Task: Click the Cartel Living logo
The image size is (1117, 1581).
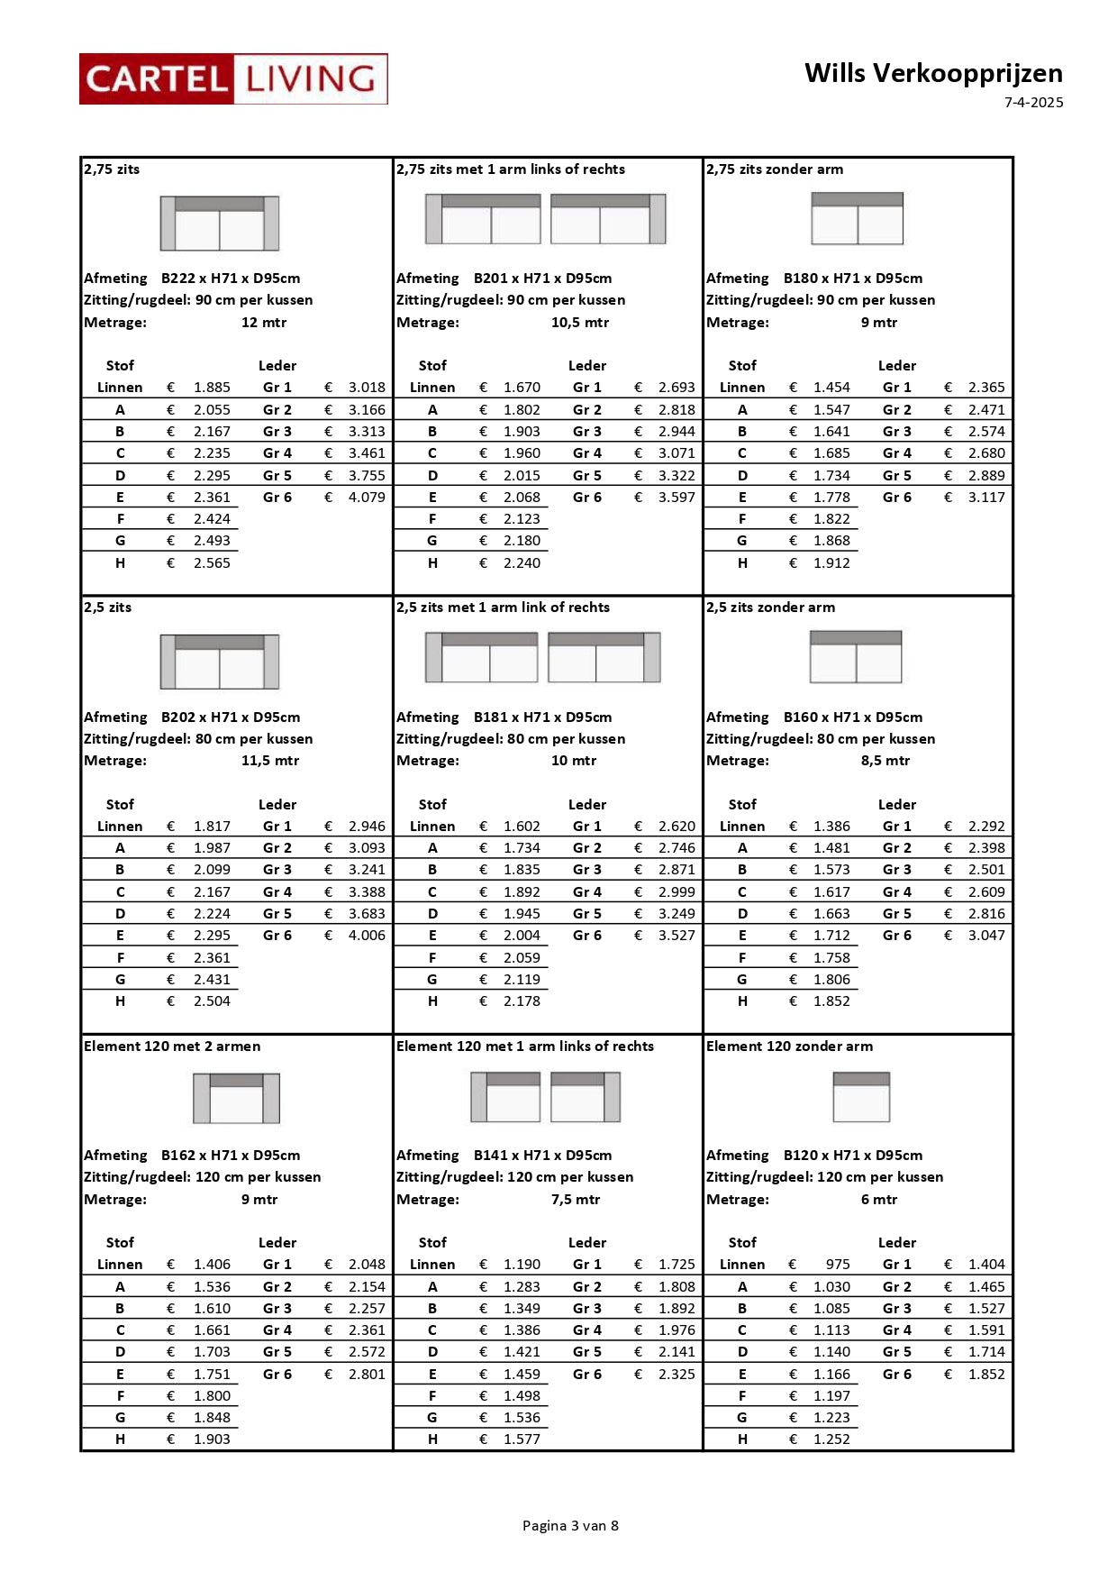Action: pyautogui.click(x=233, y=79)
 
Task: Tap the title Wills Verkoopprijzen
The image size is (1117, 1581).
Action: pyautogui.click(x=933, y=73)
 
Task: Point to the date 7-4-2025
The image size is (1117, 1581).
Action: pyautogui.click(x=1033, y=103)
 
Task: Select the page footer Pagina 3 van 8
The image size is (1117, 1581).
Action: pyautogui.click(x=570, y=1525)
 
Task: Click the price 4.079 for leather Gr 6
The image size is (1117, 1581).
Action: pyautogui.click(x=367, y=498)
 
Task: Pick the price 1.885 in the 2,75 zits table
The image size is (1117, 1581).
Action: pyautogui.click(x=212, y=388)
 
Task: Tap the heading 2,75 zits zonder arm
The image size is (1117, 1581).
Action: pyautogui.click(x=775, y=169)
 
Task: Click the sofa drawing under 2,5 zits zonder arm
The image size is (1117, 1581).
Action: pyautogui.click(x=856, y=656)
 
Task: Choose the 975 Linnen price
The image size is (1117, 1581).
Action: pyautogui.click(x=837, y=1265)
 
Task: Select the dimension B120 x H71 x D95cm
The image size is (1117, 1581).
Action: pyautogui.click(x=852, y=1156)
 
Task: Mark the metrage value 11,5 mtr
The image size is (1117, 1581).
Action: pyautogui.click(x=270, y=761)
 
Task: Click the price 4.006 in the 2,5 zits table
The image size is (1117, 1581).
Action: pyautogui.click(x=367, y=936)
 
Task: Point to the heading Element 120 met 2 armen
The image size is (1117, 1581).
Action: pyautogui.click(x=172, y=1046)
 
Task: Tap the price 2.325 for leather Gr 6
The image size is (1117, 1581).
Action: pyautogui.click(x=677, y=1375)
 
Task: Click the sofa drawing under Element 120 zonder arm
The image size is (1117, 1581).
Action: pyautogui.click(x=861, y=1097)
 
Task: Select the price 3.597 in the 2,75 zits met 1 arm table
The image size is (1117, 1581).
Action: pyautogui.click(x=677, y=498)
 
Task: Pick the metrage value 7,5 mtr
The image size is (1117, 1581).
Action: pyautogui.click(x=576, y=1200)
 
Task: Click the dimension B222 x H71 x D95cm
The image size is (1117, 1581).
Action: pyautogui.click(x=231, y=279)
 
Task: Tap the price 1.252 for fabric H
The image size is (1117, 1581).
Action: pyautogui.click(x=831, y=1439)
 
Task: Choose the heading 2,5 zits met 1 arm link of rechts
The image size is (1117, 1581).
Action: pyautogui.click(x=503, y=608)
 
